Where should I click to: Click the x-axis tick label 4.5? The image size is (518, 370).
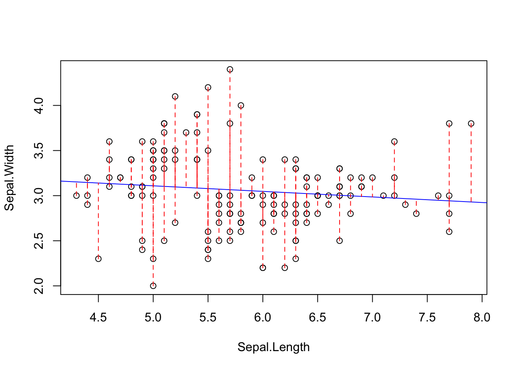coord(98,318)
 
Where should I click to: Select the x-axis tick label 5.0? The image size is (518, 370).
coord(153,318)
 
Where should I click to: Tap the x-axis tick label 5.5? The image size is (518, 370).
coord(208,318)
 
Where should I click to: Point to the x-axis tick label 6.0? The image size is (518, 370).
coord(263,318)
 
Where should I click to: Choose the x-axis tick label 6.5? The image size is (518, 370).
coord(318,318)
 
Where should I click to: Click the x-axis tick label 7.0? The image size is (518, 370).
coord(372,318)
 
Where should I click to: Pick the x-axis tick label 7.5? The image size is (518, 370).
coord(427,318)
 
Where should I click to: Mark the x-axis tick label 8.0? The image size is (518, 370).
coord(482,318)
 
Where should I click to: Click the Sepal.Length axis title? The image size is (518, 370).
coord(274,347)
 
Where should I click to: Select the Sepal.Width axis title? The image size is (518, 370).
coord(9,178)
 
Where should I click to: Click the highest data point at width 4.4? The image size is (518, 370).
coord(230,69)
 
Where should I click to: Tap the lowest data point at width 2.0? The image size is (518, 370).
coord(153,286)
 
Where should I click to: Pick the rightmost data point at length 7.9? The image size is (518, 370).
coord(471,123)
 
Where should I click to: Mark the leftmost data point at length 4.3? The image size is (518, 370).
coord(76,195)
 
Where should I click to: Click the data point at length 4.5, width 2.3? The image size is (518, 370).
coord(98,259)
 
